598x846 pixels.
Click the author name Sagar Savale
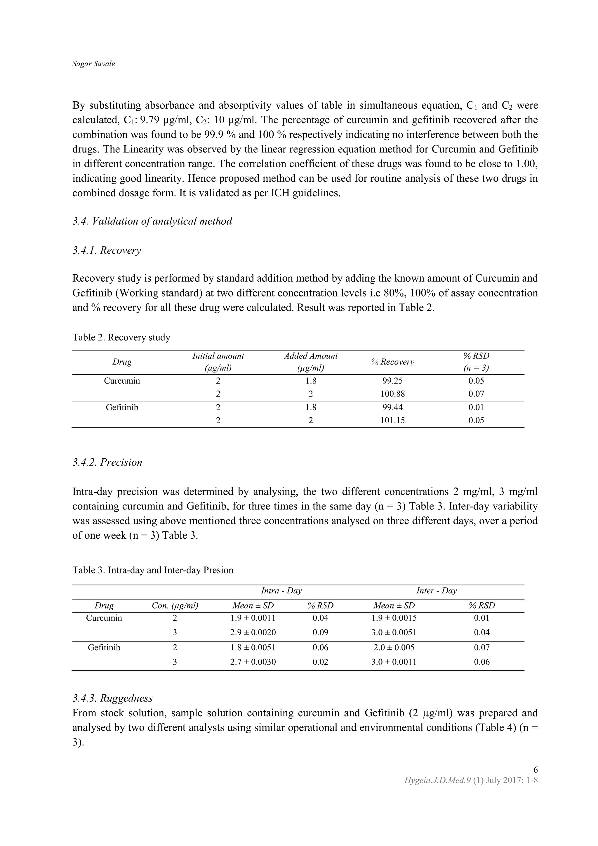pyautogui.click(x=93, y=64)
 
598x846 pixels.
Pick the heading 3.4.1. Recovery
pyautogui.click(x=107, y=251)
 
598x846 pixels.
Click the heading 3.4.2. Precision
pyautogui.click(x=107, y=462)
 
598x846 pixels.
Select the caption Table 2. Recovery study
pyautogui.click(x=121, y=337)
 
